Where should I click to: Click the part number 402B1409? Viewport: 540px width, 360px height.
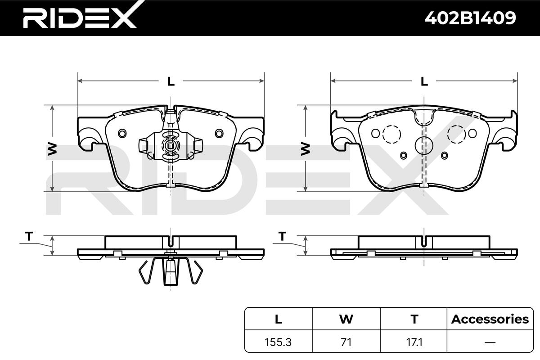470,18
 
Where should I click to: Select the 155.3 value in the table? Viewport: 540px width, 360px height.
278,342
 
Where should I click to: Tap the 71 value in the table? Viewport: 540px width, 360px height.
346,342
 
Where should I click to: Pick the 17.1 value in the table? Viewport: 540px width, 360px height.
414,342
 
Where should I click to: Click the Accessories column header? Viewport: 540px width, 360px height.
490,319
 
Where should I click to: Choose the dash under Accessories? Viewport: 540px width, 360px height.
490,342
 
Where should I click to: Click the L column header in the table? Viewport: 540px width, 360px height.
279,319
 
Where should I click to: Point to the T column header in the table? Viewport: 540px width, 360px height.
414,319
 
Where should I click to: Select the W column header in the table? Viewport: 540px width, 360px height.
346,319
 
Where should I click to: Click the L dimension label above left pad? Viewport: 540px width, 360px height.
171,81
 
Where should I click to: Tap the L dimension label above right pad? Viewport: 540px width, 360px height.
424,81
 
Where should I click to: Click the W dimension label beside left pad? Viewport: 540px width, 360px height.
52,149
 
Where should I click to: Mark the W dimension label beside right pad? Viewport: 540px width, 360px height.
306,149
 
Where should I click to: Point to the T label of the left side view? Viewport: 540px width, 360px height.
29,236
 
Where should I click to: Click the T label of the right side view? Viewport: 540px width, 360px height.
282,236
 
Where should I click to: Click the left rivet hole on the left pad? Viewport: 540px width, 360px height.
122,133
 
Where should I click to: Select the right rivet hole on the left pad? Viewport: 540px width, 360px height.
219,133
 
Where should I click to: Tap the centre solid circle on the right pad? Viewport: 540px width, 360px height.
424,145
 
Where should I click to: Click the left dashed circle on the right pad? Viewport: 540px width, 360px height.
392,135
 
